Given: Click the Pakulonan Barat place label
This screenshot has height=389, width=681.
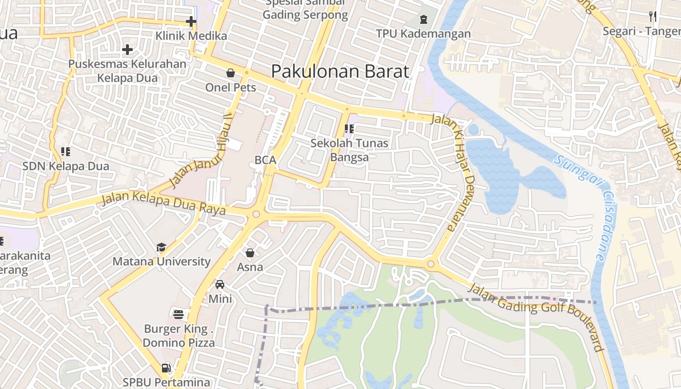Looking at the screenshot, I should pos(340,71).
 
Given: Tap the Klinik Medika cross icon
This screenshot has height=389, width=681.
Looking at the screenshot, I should pos(191,21).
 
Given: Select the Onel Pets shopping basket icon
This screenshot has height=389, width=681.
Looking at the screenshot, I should pos(231,73).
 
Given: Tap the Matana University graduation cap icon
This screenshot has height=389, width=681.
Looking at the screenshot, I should pos(161,248).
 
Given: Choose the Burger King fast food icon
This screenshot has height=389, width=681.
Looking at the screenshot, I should pos(179,314).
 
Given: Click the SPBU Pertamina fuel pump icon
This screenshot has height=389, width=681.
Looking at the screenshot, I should pos(166,368).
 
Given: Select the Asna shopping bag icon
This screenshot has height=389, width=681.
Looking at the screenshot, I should pos(250,253).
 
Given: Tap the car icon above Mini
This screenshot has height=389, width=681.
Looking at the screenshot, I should pos(220,284).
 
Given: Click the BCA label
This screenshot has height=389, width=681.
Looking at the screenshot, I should pos(265,160).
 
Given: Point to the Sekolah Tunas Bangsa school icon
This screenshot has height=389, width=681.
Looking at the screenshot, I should pos(349,129).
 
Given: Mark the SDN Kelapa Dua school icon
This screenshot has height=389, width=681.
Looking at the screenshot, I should pos(66,152).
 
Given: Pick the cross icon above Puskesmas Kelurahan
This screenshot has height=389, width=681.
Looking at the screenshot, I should pos(127,50).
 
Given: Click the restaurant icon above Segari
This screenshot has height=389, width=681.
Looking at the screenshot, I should pos(653,17).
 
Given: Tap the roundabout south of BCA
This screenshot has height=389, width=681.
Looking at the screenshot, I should pos(256,214).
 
